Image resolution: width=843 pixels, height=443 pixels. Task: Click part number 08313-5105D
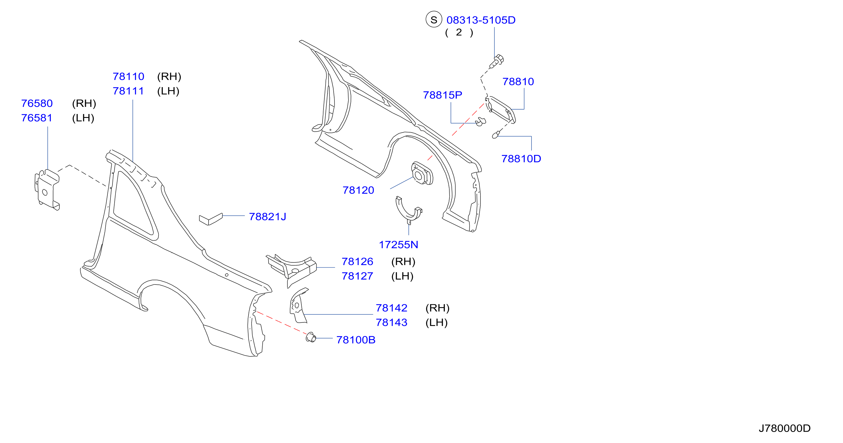481,20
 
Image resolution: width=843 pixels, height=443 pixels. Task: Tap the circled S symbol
434,20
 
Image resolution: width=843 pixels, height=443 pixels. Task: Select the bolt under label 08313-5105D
497,61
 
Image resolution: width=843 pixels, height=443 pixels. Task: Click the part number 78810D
521,159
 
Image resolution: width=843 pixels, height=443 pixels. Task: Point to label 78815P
443,95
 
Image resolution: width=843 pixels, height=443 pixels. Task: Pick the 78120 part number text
358,190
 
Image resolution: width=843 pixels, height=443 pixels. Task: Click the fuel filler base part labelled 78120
422,173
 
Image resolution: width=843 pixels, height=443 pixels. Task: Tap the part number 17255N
398,244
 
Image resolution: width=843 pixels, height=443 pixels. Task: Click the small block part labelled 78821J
211,219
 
